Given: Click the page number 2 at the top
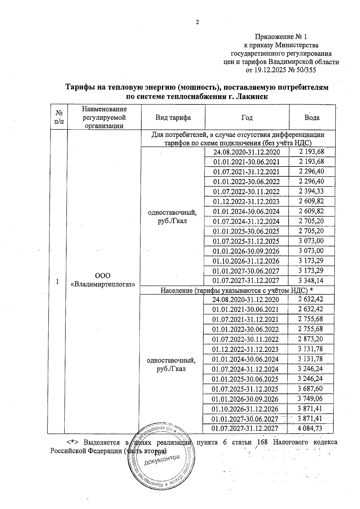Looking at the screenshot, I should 197,22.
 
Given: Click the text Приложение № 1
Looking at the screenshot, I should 281,37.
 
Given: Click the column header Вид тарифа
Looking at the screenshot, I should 173,117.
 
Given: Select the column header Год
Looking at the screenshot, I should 247,118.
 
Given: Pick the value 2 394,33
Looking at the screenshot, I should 311,191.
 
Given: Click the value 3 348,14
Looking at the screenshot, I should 311,280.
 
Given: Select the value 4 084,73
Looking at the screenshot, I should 310,428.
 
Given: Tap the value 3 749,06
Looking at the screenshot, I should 310,399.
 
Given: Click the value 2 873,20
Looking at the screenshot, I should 310,339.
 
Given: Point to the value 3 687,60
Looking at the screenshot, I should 310,389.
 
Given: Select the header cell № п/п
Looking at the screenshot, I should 59,117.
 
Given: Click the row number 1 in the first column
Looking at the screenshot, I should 57,281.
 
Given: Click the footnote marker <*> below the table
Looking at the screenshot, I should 72,442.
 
